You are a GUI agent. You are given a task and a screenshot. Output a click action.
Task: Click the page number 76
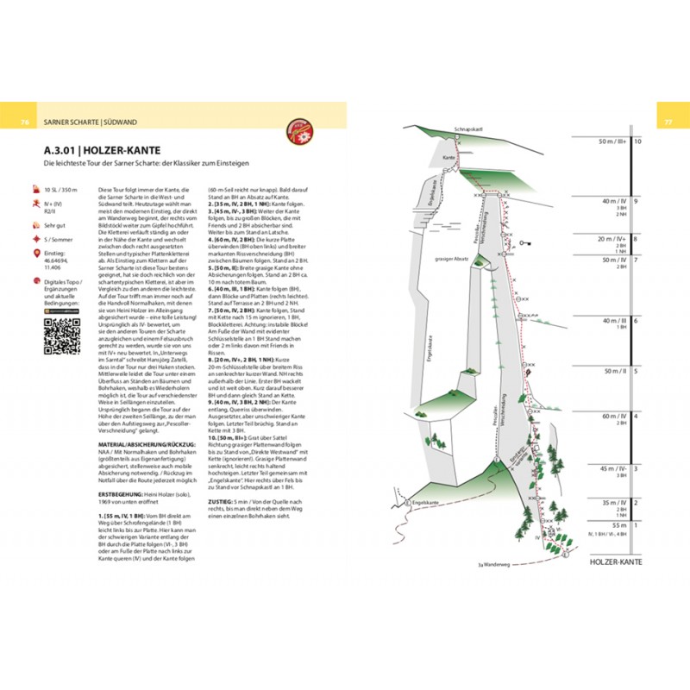(25, 122)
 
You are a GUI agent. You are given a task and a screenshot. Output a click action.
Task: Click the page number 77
(667, 122)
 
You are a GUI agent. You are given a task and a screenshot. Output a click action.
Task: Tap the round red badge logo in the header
(304, 129)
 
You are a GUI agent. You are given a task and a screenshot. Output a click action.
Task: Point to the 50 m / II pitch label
(613, 371)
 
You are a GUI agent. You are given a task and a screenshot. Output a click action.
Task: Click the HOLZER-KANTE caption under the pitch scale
(613, 562)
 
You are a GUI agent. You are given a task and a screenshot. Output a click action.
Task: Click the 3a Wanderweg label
(494, 565)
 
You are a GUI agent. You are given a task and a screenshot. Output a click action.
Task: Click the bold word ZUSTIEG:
(223, 499)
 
